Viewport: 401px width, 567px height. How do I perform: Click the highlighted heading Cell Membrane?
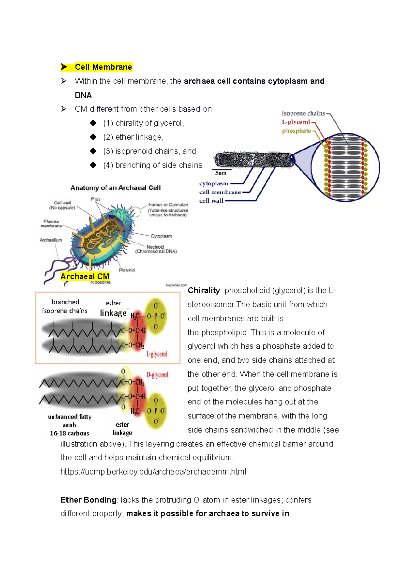[x=103, y=67]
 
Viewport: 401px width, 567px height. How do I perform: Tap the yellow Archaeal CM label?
[x=85, y=276]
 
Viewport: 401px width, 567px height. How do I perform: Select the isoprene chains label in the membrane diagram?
[x=303, y=113]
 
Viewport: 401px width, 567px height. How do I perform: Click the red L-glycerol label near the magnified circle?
[x=296, y=122]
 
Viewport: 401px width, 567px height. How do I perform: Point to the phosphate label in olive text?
[x=296, y=131]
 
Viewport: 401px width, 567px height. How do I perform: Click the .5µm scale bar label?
[x=220, y=173]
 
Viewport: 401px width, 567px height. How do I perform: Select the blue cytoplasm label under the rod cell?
[x=214, y=183]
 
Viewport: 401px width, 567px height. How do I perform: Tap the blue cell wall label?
[x=211, y=201]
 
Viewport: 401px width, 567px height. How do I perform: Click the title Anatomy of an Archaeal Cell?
[x=115, y=188]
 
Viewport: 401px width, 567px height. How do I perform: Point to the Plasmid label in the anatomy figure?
[x=127, y=270]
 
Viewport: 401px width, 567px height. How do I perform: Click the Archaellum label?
[x=51, y=240]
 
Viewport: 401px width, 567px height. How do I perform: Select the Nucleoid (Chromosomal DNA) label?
[x=156, y=249]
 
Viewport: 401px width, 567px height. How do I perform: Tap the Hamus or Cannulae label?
[x=168, y=205]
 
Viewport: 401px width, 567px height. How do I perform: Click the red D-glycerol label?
[x=157, y=375]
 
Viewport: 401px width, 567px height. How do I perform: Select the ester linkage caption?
[x=122, y=428]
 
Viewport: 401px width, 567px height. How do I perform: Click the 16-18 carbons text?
[x=70, y=433]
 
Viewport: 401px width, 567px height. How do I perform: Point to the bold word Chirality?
[x=204, y=290]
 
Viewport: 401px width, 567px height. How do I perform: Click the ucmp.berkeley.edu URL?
[x=153, y=471]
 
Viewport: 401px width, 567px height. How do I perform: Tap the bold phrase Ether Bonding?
[x=88, y=500]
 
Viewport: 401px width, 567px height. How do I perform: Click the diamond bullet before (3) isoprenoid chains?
[x=93, y=151]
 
